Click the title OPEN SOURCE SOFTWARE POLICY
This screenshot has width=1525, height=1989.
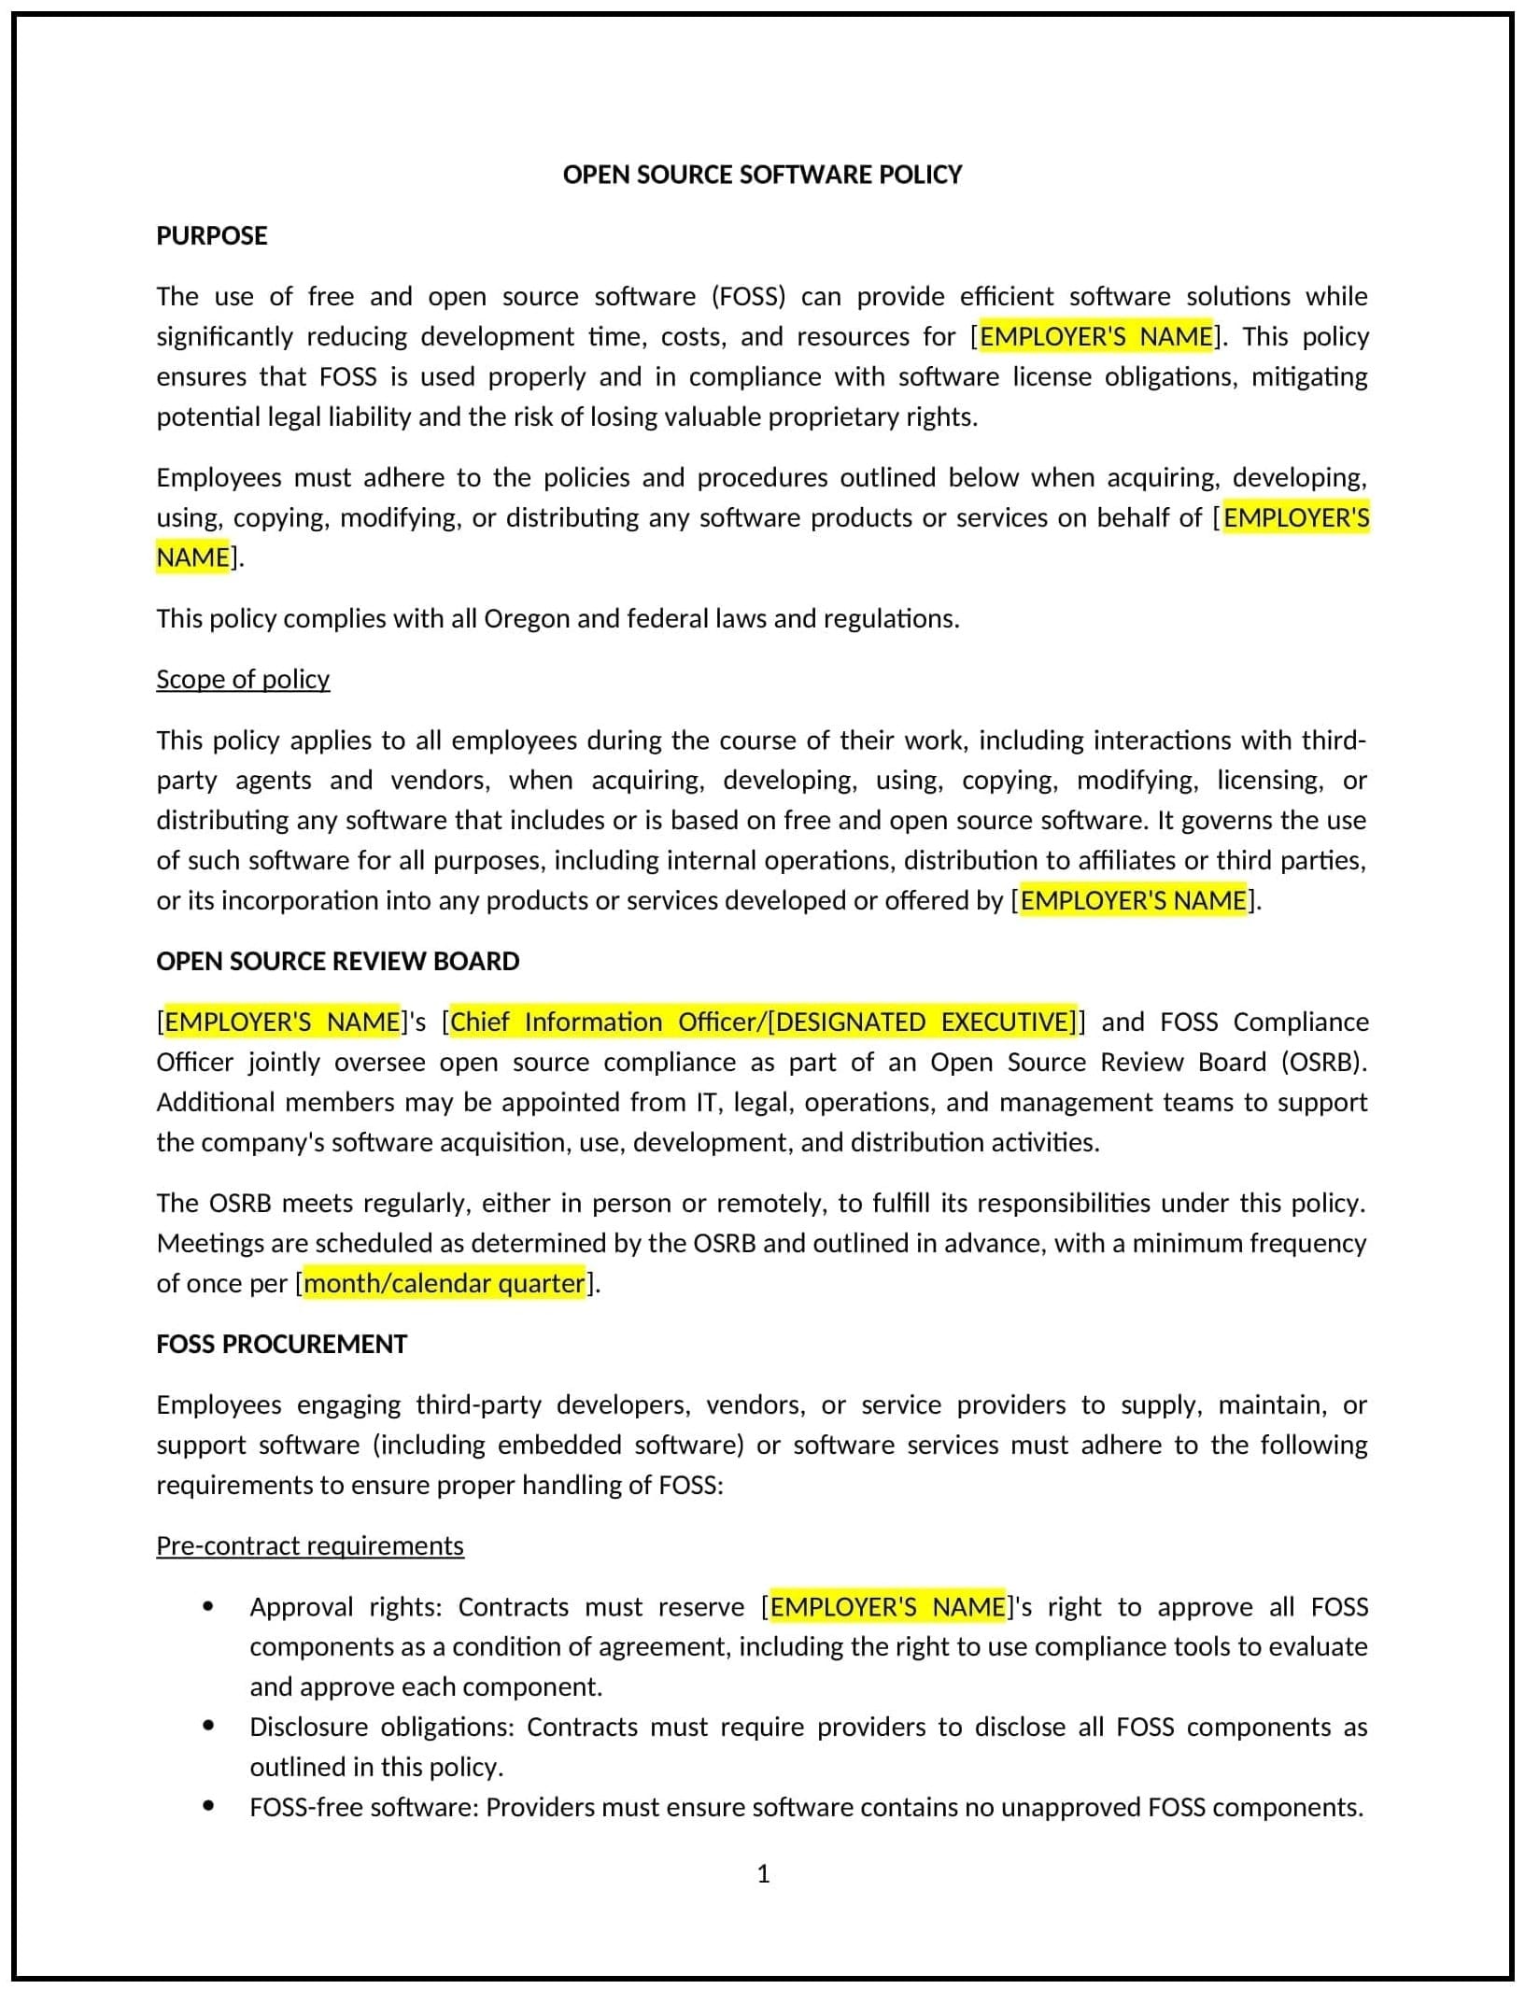pyautogui.click(x=762, y=175)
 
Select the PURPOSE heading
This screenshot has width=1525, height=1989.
pyautogui.click(x=212, y=235)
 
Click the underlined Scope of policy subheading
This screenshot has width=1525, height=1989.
pyautogui.click(x=243, y=679)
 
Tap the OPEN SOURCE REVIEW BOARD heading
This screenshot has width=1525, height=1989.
pyautogui.click(x=338, y=961)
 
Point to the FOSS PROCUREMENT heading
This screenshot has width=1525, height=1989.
pyautogui.click(x=282, y=1344)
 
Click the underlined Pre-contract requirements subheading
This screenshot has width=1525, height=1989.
pyautogui.click(x=310, y=1545)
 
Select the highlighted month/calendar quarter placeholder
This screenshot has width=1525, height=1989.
pyautogui.click(x=445, y=1283)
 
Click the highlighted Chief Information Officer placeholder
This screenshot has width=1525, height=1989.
pyautogui.click(x=763, y=1022)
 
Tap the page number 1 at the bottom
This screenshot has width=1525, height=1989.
pyautogui.click(x=763, y=1873)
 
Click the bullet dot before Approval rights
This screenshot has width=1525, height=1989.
pyautogui.click(x=207, y=1606)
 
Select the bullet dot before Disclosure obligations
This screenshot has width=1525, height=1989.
pyautogui.click(x=207, y=1727)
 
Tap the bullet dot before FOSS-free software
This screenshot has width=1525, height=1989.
pyautogui.click(x=207, y=1807)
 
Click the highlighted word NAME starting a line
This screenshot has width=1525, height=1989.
pyautogui.click(x=193, y=557)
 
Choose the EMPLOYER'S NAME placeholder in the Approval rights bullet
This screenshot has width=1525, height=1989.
pyautogui.click(x=887, y=1606)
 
